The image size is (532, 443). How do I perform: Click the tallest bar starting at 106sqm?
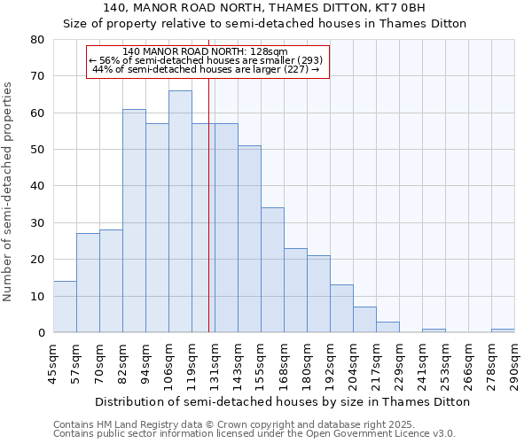[x=180, y=212]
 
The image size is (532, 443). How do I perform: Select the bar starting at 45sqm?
[x=65, y=307]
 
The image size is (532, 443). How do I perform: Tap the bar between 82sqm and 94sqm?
[x=134, y=221]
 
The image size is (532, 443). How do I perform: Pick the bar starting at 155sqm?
[x=272, y=270]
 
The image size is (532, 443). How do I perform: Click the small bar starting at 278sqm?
[x=503, y=330]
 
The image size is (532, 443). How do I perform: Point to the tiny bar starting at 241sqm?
[x=434, y=330]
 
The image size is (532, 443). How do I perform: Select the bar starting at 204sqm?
[x=364, y=320]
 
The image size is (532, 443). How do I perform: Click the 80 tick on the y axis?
[x=37, y=40]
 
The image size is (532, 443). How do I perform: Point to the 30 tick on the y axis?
[x=37, y=223]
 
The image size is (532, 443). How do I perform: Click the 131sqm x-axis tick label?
[x=215, y=361]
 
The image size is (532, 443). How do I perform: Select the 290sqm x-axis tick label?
[x=515, y=361]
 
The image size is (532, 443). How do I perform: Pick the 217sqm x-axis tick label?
[x=377, y=361]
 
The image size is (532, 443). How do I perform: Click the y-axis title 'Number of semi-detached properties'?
[x=9, y=191]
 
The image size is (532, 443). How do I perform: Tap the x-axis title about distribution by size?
[x=282, y=401]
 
